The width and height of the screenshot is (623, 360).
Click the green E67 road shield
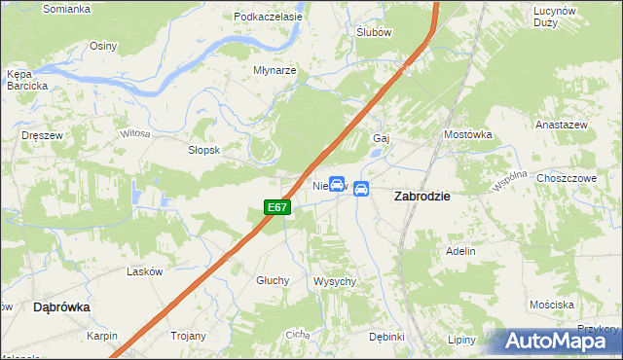coord(277,207)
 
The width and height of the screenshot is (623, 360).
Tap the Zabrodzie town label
coord(421,196)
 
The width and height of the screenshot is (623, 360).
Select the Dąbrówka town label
coord(61,306)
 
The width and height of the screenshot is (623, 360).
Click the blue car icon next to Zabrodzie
coord(361,189)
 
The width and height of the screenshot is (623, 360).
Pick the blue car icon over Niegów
coord(337,184)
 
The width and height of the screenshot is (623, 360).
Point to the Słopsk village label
coord(205,151)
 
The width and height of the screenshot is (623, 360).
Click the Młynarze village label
coord(274,71)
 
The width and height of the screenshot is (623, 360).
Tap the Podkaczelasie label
coord(265,17)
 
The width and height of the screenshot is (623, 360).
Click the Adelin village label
coord(460,251)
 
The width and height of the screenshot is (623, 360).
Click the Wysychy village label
coord(335,281)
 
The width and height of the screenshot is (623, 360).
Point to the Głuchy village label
coord(273,280)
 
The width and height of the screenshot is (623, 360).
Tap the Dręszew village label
coord(43,136)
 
